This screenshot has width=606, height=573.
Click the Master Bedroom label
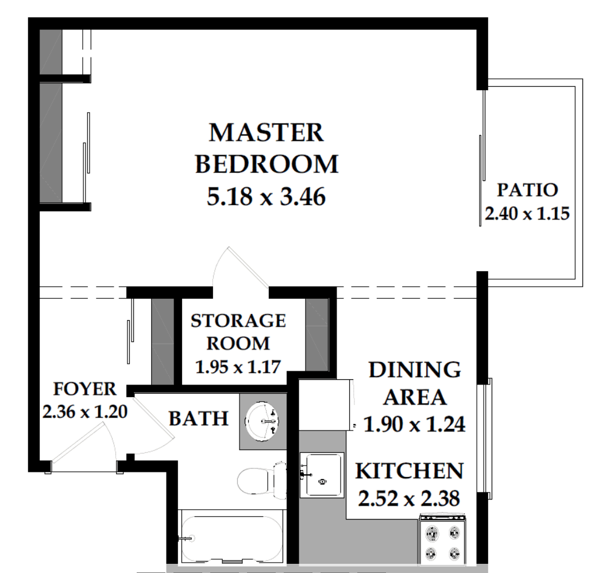(x=267, y=148)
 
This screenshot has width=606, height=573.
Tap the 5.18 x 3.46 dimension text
(x=267, y=197)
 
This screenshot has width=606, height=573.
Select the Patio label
(x=527, y=190)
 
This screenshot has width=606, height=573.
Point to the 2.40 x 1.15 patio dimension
(x=527, y=213)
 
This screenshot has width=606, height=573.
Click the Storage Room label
(x=238, y=332)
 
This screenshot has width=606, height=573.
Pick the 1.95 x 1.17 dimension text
(x=238, y=367)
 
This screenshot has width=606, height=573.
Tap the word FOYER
(x=84, y=389)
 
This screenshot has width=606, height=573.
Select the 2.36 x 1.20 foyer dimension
(x=85, y=412)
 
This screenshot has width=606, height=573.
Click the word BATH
(x=199, y=418)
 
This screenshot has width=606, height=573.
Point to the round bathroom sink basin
(x=263, y=421)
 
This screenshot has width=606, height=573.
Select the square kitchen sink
(x=322, y=475)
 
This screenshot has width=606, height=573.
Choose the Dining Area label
(x=415, y=383)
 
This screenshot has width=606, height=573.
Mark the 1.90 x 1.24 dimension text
(x=415, y=424)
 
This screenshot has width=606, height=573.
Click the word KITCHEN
(x=410, y=471)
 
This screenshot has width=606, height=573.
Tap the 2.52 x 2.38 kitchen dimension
(x=409, y=498)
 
